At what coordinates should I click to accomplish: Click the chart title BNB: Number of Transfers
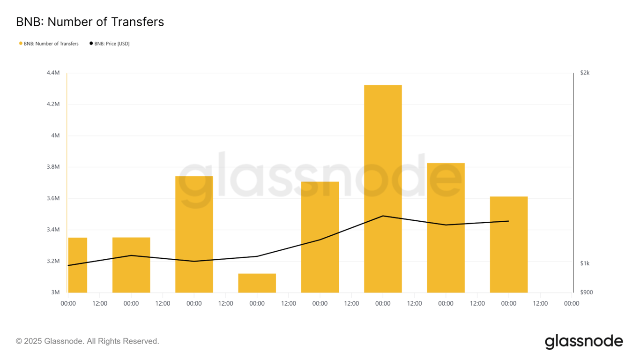point(90,22)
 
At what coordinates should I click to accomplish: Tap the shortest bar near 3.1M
point(257,283)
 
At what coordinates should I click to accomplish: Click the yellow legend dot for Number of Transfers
point(21,44)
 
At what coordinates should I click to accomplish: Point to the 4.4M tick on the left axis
point(53,73)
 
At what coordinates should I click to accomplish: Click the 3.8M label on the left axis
point(53,167)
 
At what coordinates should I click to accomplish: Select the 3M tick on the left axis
point(56,292)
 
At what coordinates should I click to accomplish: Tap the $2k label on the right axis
point(585,73)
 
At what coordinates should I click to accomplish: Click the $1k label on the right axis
point(585,263)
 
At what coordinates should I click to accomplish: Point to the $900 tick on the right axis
point(586,292)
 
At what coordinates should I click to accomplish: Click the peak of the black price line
point(383,216)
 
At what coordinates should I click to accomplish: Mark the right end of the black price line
point(508,221)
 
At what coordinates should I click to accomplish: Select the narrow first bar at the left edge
point(78,265)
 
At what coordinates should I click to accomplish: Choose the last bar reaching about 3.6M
point(508,244)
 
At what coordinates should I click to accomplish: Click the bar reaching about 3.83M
point(446,228)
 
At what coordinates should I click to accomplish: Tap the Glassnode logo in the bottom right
point(584,342)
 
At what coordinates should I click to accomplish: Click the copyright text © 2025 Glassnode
point(88,341)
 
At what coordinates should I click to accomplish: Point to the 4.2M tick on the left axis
point(53,104)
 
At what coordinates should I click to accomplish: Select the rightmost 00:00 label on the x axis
point(572,304)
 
